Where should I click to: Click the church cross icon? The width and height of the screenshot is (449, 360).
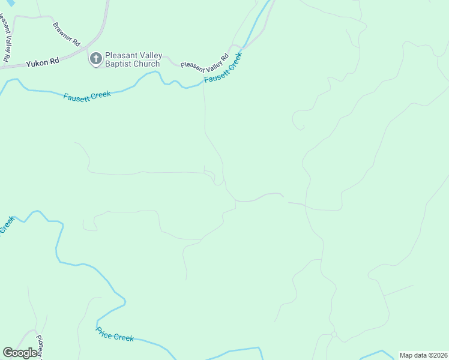tap(95, 59)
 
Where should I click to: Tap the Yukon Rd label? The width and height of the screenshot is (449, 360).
tap(42, 61)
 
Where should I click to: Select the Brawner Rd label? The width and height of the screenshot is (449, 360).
tap(66, 34)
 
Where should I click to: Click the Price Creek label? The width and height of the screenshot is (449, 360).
tap(115, 334)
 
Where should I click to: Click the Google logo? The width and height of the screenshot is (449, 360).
tap(20, 353)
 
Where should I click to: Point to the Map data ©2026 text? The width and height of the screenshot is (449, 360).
tap(423, 355)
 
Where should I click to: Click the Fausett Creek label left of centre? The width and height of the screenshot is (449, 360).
tap(87, 95)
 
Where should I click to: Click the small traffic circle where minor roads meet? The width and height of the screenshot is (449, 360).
tap(334, 334)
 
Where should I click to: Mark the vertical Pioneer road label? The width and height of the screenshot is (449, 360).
tap(40, 347)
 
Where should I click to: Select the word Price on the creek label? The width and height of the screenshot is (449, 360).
tap(104, 331)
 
